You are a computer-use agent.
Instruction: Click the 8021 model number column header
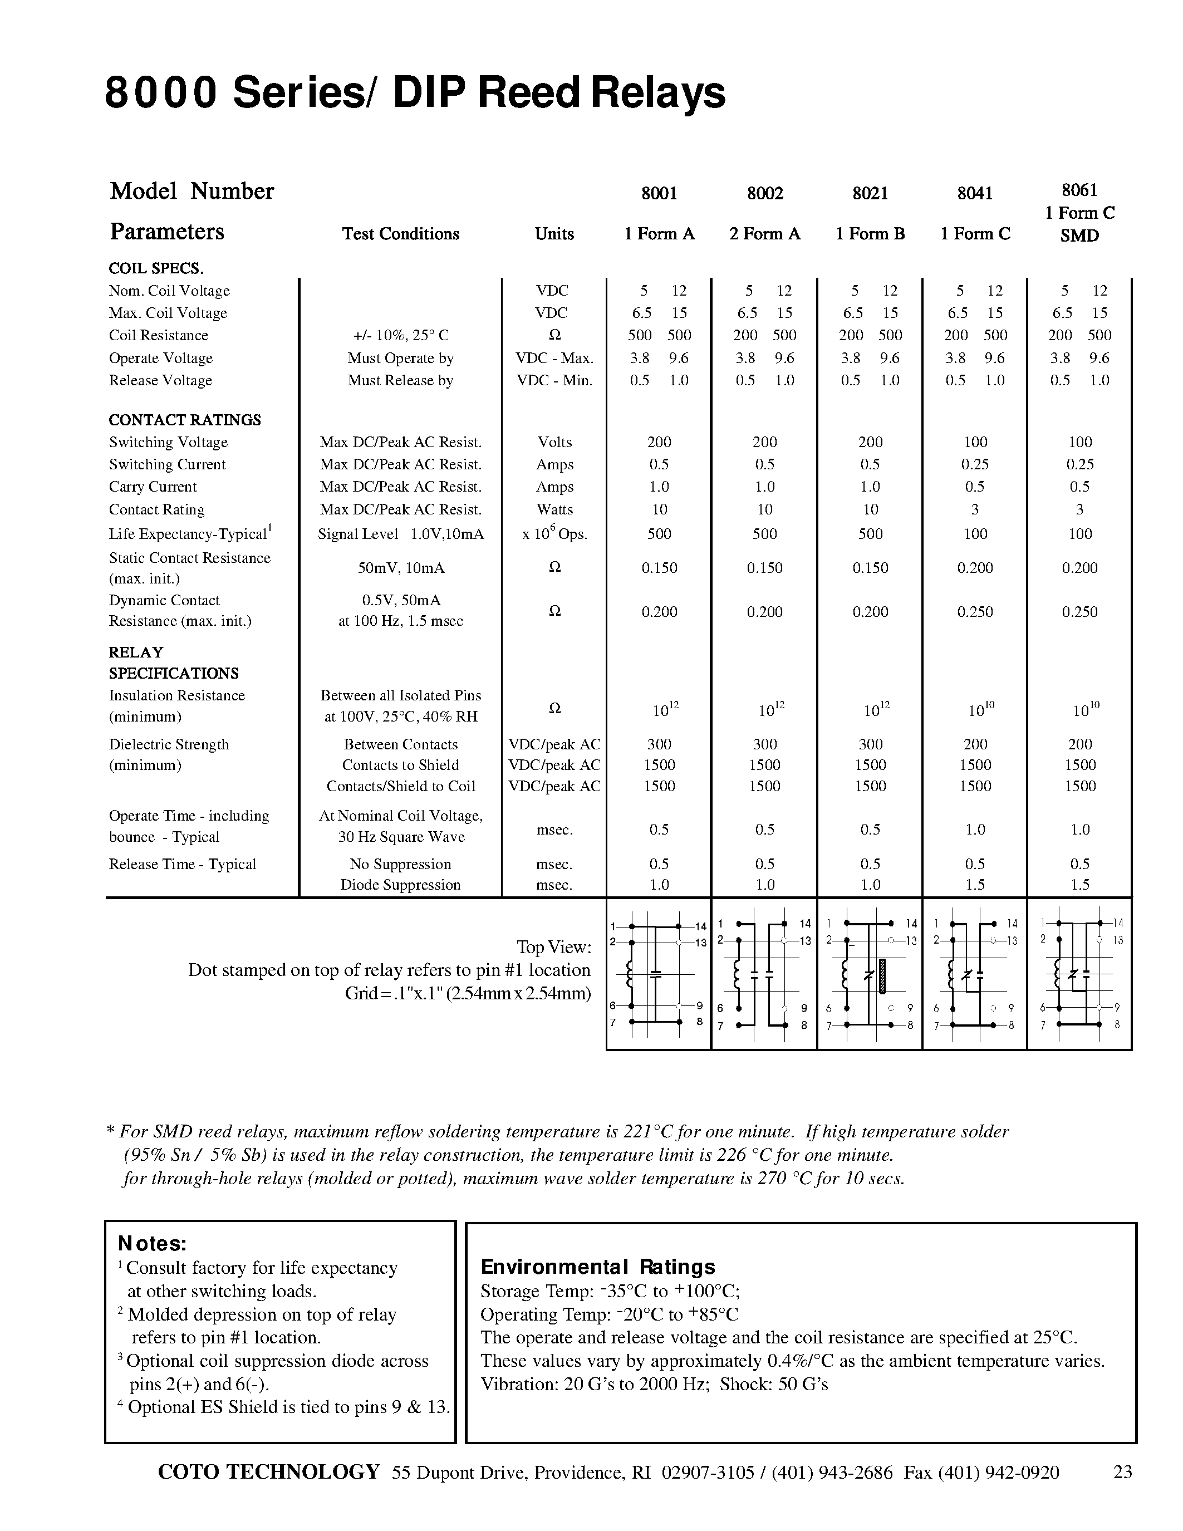870,194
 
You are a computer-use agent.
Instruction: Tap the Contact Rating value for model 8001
659,509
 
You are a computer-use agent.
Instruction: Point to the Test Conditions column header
400,234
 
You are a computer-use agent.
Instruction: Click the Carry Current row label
153,487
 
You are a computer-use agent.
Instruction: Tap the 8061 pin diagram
1079,974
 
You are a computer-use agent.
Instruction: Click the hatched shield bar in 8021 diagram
882,976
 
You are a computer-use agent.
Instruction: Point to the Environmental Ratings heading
598,1267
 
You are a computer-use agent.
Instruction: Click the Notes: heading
152,1244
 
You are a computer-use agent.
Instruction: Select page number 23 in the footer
1122,1472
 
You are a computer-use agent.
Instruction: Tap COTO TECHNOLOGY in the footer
269,1471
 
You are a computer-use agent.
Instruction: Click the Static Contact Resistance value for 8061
1079,568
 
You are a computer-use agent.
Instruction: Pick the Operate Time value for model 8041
975,830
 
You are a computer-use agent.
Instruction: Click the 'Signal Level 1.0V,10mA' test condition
400,534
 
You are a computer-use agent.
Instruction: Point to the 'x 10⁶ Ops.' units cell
554,533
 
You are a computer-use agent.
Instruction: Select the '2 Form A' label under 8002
764,234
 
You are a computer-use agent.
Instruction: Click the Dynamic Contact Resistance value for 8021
870,612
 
